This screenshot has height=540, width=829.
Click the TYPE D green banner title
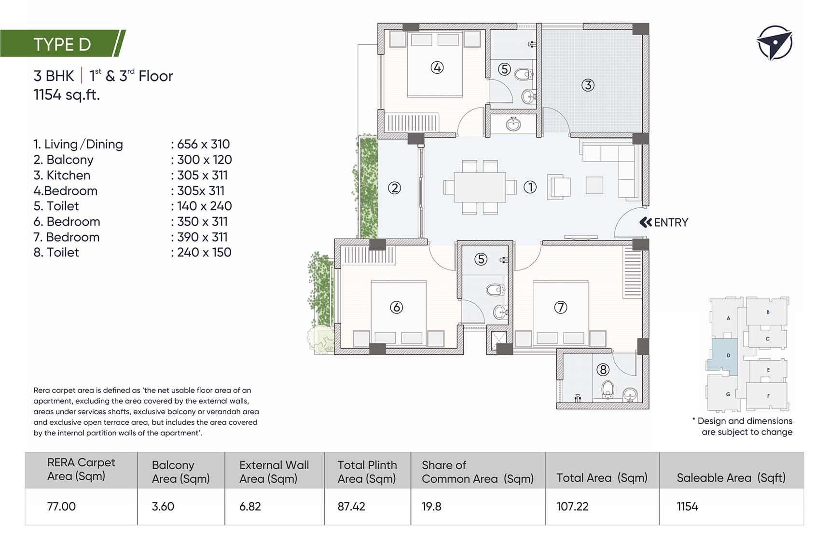(x=62, y=44)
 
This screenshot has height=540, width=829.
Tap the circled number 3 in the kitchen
(x=587, y=85)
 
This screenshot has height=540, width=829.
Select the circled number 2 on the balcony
(x=394, y=188)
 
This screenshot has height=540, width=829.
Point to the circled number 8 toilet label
(x=603, y=370)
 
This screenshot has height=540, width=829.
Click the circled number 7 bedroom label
(x=560, y=307)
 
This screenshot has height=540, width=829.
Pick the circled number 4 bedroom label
(x=437, y=67)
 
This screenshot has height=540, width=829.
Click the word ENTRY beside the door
(x=671, y=222)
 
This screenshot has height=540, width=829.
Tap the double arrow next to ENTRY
(x=646, y=222)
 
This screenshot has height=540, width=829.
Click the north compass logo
(x=774, y=43)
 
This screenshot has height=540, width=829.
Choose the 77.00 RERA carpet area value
(x=61, y=506)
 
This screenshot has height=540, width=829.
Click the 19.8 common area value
(x=431, y=506)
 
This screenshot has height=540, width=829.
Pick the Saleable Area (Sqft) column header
(x=731, y=478)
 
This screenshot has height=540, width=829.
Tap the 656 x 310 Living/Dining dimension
(x=203, y=144)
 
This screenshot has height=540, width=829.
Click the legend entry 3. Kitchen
(x=62, y=175)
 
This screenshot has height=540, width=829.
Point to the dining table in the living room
(x=480, y=187)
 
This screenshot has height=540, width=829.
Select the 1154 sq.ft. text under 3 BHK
(x=67, y=94)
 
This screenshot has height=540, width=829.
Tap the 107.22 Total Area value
(x=572, y=506)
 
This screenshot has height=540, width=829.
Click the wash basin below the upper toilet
(x=513, y=124)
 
